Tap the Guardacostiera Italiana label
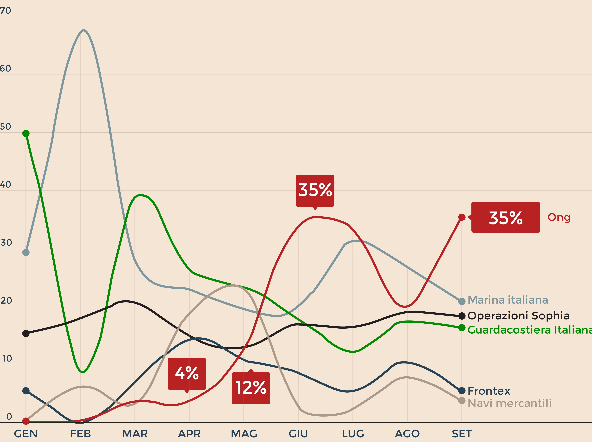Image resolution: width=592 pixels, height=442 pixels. click(529, 330)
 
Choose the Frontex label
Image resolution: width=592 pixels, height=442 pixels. click(489, 391)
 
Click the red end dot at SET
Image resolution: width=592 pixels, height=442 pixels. click(462, 217)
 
